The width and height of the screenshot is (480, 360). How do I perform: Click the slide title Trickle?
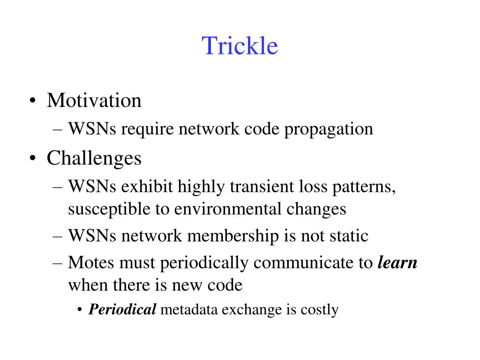240,46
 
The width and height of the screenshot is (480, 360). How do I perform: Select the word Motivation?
94,100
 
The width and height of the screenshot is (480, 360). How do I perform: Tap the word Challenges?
94,158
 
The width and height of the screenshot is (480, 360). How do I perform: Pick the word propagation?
329,129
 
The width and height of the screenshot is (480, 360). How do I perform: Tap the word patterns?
366,187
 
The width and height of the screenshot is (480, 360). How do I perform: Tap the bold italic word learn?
397,263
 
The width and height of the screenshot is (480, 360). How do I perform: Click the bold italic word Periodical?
122,309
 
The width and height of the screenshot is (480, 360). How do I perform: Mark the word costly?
320,309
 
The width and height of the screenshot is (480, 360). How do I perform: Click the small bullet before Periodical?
81,310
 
